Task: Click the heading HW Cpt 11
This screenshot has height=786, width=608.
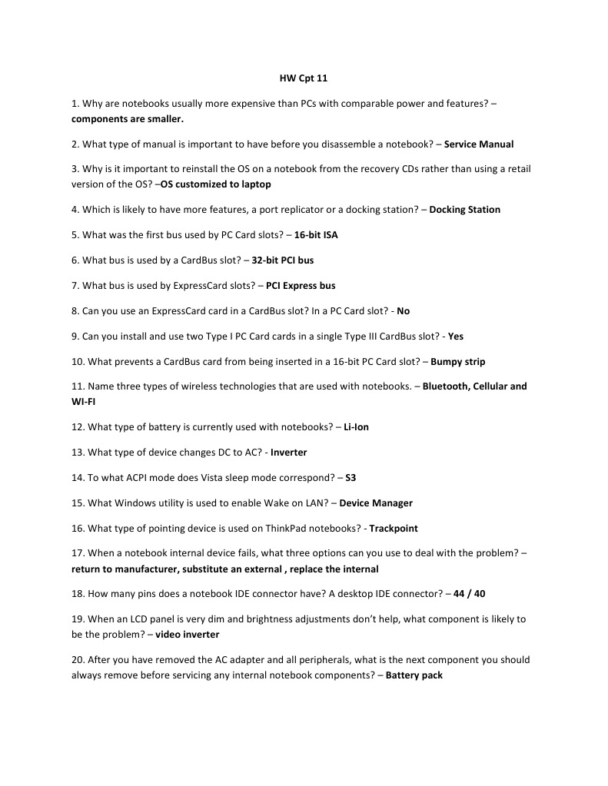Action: click(x=303, y=78)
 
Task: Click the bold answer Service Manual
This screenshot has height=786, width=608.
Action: click(x=478, y=144)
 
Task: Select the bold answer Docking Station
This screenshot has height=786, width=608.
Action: click(x=464, y=210)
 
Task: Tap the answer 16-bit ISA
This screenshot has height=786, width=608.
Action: click(x=315, y=235)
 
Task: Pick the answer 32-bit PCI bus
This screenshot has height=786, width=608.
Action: click(x=282, y=260)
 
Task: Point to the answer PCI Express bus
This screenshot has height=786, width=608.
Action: click(x=301, y=286)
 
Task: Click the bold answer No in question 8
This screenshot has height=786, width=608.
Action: click(x=404, y=311)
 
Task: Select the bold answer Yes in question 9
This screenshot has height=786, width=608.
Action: click(x=455, y=337)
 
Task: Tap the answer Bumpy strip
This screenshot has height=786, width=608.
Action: click(x=457, y=362)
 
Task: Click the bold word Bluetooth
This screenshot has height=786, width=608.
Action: click(x=445, y=386)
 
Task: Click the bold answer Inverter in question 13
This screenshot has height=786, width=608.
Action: click(x=288, y=453)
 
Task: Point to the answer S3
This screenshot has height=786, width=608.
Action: click(x=351, y=478)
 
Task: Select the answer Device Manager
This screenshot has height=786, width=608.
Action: click(x=376, y=503)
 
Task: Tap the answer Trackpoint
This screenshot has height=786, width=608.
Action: click(x=394, y=529)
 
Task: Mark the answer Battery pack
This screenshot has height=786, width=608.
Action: click(x=414, y=675)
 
